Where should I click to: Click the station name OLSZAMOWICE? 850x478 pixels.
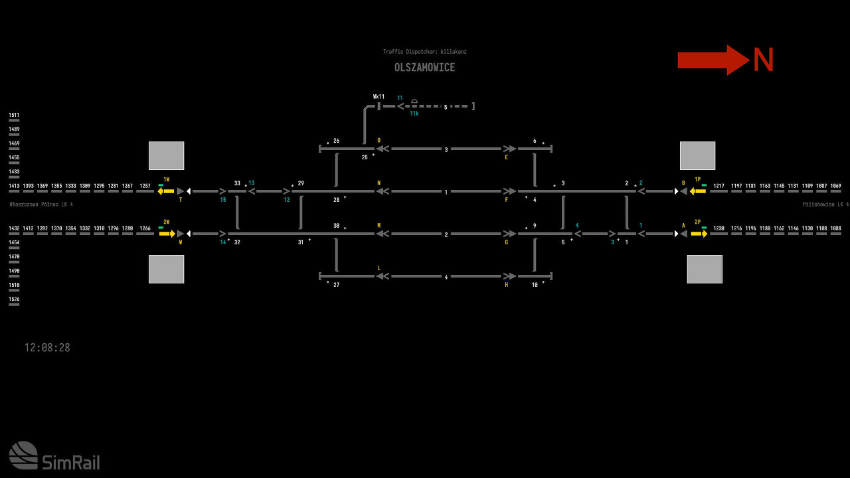[x=424, y=68]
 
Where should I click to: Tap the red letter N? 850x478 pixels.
[x=763, y=60]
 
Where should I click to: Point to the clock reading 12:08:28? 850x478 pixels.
[x=47, y=348]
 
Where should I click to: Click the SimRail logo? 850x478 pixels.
[x=54, y=456]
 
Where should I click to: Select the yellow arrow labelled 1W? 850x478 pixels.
[x=165, y=191]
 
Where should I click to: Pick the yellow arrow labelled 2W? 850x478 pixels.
[x=167, y=234]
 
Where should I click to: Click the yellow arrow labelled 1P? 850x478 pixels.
[x=697, y=191]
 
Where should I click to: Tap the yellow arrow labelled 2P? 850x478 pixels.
[x=699, y=234]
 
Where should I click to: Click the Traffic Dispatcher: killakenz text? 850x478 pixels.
[x=429, y=52]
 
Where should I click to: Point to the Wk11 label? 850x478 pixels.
[x=379, y=97]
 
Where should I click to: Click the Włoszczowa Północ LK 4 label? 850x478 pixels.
[x=41, y=204]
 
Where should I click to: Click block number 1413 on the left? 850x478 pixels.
[x=14, y=186]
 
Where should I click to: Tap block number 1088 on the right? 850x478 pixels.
[x=835, y=228]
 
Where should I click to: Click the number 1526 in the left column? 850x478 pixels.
[x=14, y=299]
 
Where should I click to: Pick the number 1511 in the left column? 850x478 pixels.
[x=14, y=115]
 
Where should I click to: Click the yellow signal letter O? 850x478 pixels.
[x=379, y=141]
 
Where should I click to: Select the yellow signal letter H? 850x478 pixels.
[x=506, y=285]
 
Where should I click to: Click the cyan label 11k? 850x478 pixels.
[x=414, y=114]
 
